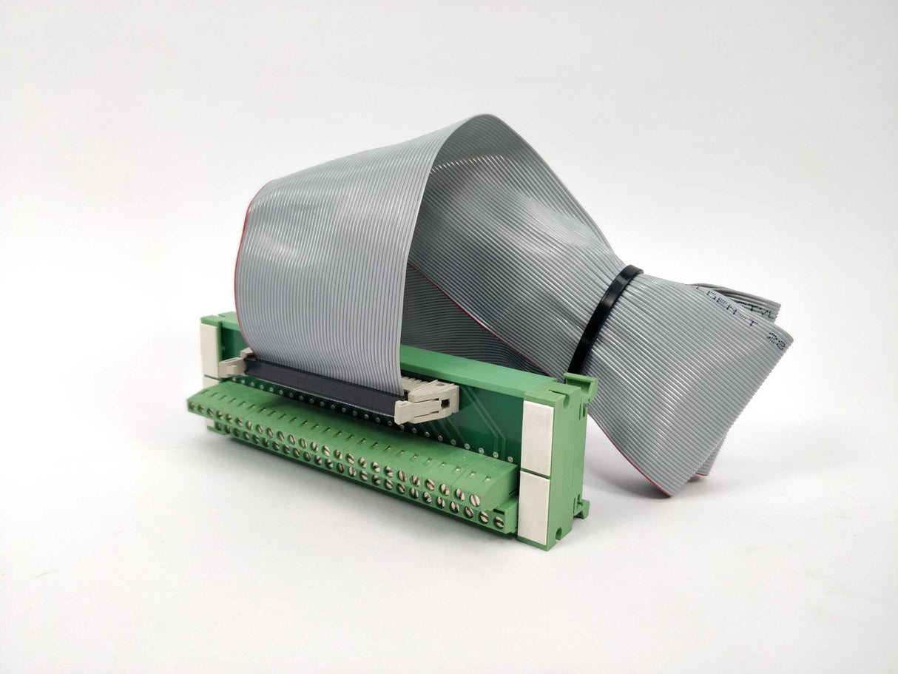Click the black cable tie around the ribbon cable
click(x=604, y=318)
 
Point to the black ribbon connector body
click(x=318, y=385)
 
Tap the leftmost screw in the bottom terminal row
click(x=219, y=427)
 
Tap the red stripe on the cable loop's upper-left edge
click(x=247, y=222)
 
